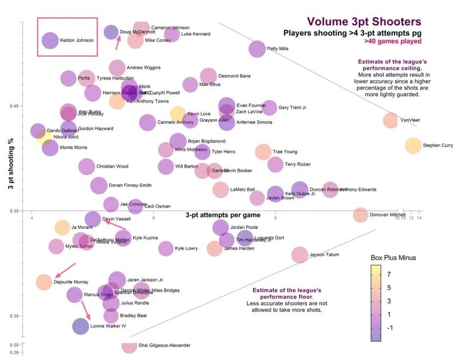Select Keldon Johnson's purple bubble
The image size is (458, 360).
tap(50, 41)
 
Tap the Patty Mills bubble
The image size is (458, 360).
tap(258, 49)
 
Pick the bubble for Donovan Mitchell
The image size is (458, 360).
tap(360, 215)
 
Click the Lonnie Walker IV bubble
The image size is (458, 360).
tap(81, 326)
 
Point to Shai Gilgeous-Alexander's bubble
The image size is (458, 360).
tap(129, 345)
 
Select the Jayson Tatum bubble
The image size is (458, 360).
tap(299, 255)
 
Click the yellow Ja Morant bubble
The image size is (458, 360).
tap(62, 227)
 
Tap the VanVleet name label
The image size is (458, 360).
tap(410, 121)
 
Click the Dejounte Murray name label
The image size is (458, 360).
tap(70, 282)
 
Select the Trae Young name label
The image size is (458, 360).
tap(287, 152)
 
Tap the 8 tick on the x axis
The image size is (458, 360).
tap(275, 218)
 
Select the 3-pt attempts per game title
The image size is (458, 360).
tap(223, 215)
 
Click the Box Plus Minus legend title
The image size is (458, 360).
tap(392, 258)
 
